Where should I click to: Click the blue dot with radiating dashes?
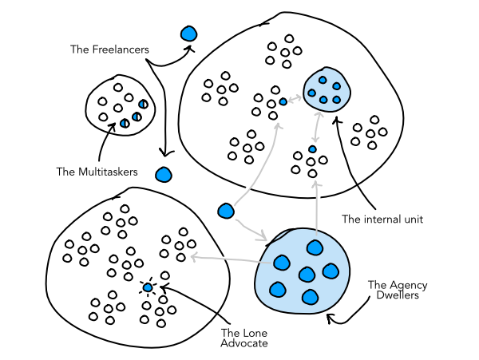click(148, 287)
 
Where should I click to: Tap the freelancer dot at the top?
click(188, 34)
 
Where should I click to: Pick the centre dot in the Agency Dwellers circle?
click(307, 275)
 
